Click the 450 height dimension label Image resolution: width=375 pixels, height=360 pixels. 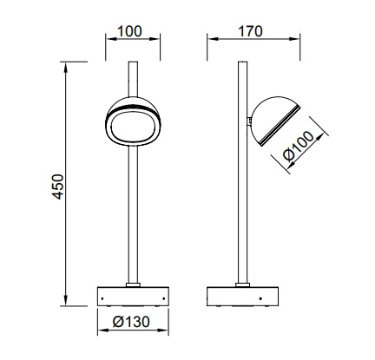tap(58, 187)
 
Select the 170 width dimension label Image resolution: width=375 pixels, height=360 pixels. tap(250, 31)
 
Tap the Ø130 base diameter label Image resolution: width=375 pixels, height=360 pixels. tap(131, 322)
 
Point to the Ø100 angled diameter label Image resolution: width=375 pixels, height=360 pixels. tap(299, 146)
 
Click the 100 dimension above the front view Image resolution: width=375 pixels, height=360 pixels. tap(130, 31)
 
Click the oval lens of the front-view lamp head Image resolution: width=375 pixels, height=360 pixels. tap(133, 128)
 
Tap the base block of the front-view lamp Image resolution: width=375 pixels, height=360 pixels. tap(133, 297)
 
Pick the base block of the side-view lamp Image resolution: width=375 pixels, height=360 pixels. tap(242, 297)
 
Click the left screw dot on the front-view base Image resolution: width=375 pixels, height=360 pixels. tap(102, 298)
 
